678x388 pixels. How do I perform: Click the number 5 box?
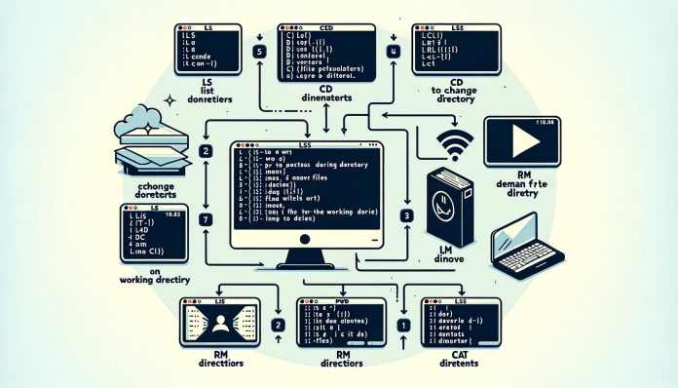click(259, 52)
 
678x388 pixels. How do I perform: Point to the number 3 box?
click(406, 214)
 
